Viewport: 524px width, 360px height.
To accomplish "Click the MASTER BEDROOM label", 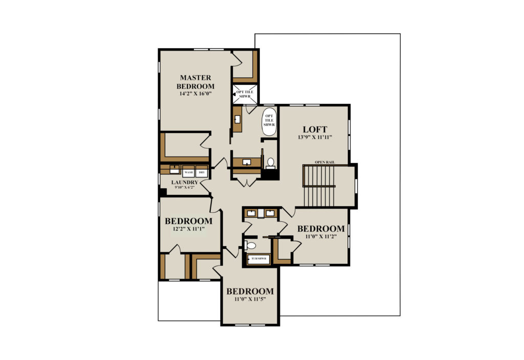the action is (x=195, y=82).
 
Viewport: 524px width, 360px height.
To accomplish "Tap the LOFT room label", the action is (x=315, y=129).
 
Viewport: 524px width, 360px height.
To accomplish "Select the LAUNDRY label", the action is (x=185, y=183).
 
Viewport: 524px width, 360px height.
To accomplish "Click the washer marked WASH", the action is (x=188, y=172).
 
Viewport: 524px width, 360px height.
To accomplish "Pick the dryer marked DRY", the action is (x=202, y=172).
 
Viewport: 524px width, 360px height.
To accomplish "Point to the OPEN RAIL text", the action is (x=325, y=162).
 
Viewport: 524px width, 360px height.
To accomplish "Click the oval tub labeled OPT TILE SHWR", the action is (x=269, y=122).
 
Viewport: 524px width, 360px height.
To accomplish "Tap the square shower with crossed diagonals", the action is (x=245, y=94).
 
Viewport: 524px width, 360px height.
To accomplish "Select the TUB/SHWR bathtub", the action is (x=258, y=259).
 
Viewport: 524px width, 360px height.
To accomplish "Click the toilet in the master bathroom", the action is (x=270, y=163).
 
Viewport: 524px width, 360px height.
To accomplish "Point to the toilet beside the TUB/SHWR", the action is (x=250, y=246).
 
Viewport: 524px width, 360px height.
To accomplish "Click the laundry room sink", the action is (x=174, y=170).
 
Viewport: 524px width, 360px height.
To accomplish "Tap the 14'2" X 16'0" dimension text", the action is (x=195, y=94).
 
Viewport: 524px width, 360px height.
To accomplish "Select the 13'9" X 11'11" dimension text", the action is (x=315, y=137).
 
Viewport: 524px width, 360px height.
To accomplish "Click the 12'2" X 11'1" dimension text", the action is (x=188, y=229).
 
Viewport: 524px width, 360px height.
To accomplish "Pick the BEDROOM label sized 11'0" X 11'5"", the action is (x=250, y=291).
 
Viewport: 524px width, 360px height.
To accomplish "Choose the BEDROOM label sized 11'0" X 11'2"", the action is (x=321, y=229).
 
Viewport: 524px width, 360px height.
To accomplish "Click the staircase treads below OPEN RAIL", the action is (x=319, y=186).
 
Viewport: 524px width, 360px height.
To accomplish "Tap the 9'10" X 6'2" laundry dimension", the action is (x=184, y=187).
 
